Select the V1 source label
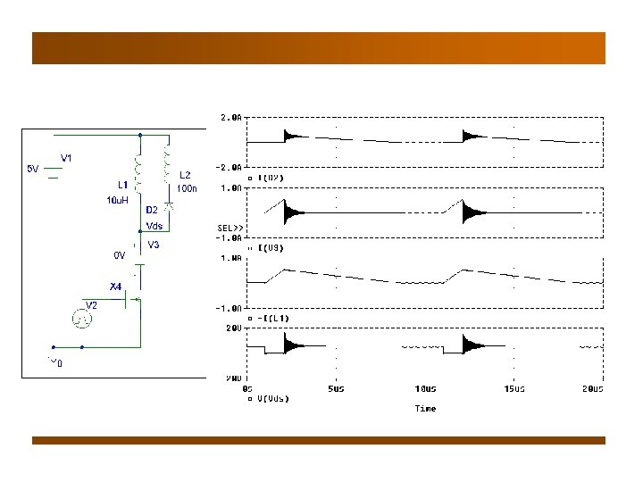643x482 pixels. (x=66, y=159)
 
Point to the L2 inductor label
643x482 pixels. (x=185, y=176)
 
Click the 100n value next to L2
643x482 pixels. (x=187, y=188)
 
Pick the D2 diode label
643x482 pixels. (x=152, y=211)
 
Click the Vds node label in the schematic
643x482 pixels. (x=154, y=226)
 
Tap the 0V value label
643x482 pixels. (x=119, y=254)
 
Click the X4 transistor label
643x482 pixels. (x=115, y=287)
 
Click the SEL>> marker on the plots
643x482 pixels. (x=230, y=229)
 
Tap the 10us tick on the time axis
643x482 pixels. (x=425, y=389)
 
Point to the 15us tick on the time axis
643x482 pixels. (x=514, y=389)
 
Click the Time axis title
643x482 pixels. (x=425, y=408)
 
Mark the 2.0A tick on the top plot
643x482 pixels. (x=231, y=117)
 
